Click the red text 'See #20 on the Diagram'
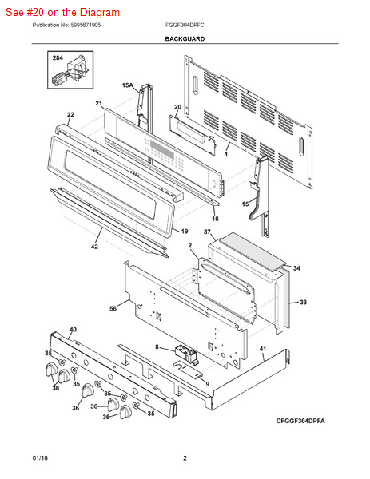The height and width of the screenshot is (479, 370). [62, 12]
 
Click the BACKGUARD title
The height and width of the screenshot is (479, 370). [185, 39]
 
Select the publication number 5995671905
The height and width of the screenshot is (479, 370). [86, 25]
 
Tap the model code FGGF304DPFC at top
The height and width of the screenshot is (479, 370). [185, 25]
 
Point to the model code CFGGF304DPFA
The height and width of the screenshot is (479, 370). [300, 421]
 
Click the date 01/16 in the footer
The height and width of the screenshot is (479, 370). [40, 458]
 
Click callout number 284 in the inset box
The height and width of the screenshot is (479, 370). [58, 57]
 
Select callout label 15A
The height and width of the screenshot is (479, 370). [128, 85]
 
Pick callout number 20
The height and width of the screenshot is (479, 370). [177, 107]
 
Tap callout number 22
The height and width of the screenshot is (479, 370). [70, 114]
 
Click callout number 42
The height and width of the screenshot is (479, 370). [94, 246]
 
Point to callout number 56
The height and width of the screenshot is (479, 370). [113, 308]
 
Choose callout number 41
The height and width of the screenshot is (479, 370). [263, 349]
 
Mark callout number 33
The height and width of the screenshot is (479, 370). [303, 302]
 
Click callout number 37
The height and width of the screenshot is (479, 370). [207, 232]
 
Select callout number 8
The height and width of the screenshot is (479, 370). [157, 346]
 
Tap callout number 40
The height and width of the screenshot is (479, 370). [73, 329]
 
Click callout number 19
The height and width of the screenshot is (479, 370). [185, 232]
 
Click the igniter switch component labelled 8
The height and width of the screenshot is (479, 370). [186, 354]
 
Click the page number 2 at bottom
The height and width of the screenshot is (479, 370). [185, 458]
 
